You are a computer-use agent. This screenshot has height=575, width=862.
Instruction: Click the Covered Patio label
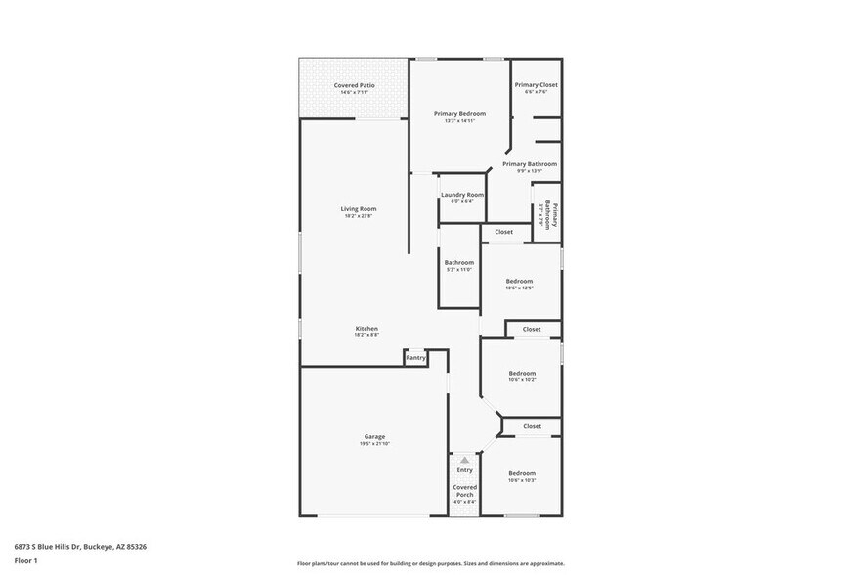(354, 85)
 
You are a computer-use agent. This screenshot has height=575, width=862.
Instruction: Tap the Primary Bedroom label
(459, 114)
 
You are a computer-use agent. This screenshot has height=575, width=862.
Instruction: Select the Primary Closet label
(536, 85)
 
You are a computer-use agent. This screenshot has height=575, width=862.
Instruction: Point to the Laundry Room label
(462, 195)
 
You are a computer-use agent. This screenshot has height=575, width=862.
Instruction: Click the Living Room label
(359, 208)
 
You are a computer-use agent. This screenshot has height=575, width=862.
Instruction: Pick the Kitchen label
(366, 328)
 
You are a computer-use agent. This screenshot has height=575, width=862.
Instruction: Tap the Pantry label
(415, 358)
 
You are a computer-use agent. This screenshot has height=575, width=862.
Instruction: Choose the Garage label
(375, 436)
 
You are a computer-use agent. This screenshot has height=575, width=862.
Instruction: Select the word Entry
(464, 470)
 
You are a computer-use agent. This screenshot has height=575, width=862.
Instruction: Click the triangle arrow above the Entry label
(464, 459)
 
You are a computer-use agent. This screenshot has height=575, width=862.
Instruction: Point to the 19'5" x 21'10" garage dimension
(375, 444)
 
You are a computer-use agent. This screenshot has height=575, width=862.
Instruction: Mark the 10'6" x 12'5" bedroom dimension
(519, 288)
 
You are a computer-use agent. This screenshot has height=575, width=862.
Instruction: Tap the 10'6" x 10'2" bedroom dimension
(522, 380)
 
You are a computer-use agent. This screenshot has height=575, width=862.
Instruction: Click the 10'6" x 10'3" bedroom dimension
(522, 481)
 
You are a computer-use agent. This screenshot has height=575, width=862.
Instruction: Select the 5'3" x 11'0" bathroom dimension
(459, 270)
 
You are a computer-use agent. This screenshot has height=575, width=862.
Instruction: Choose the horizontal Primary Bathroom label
(530, 164)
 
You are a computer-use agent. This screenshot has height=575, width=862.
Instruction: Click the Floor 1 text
(25, 561)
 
